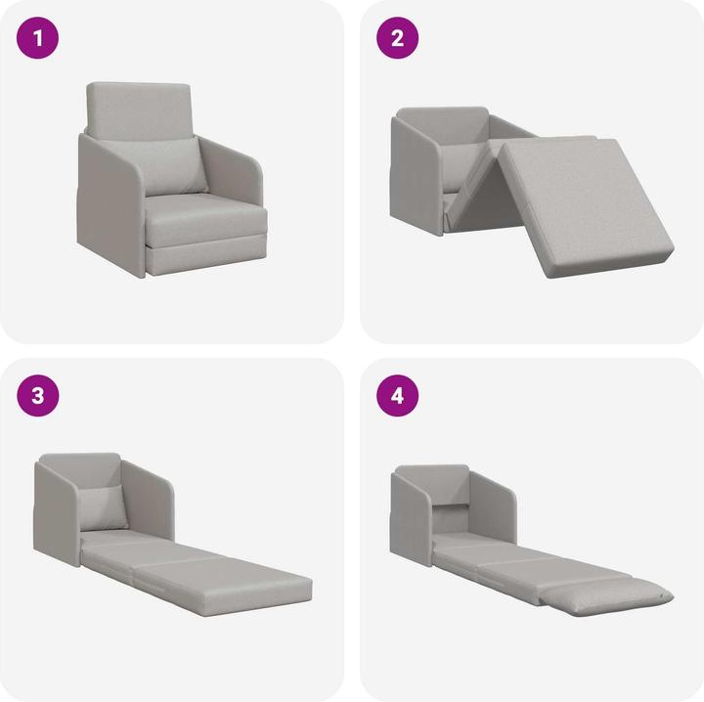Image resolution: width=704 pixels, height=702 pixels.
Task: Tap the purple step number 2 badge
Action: point(398,39)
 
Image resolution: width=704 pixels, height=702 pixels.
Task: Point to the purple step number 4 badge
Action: point(398,396)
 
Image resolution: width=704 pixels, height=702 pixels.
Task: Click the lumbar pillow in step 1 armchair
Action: point(177,166)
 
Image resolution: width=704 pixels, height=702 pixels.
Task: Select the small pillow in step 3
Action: point(102,506)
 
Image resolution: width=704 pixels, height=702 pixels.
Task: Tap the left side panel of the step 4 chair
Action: point(410,518)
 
